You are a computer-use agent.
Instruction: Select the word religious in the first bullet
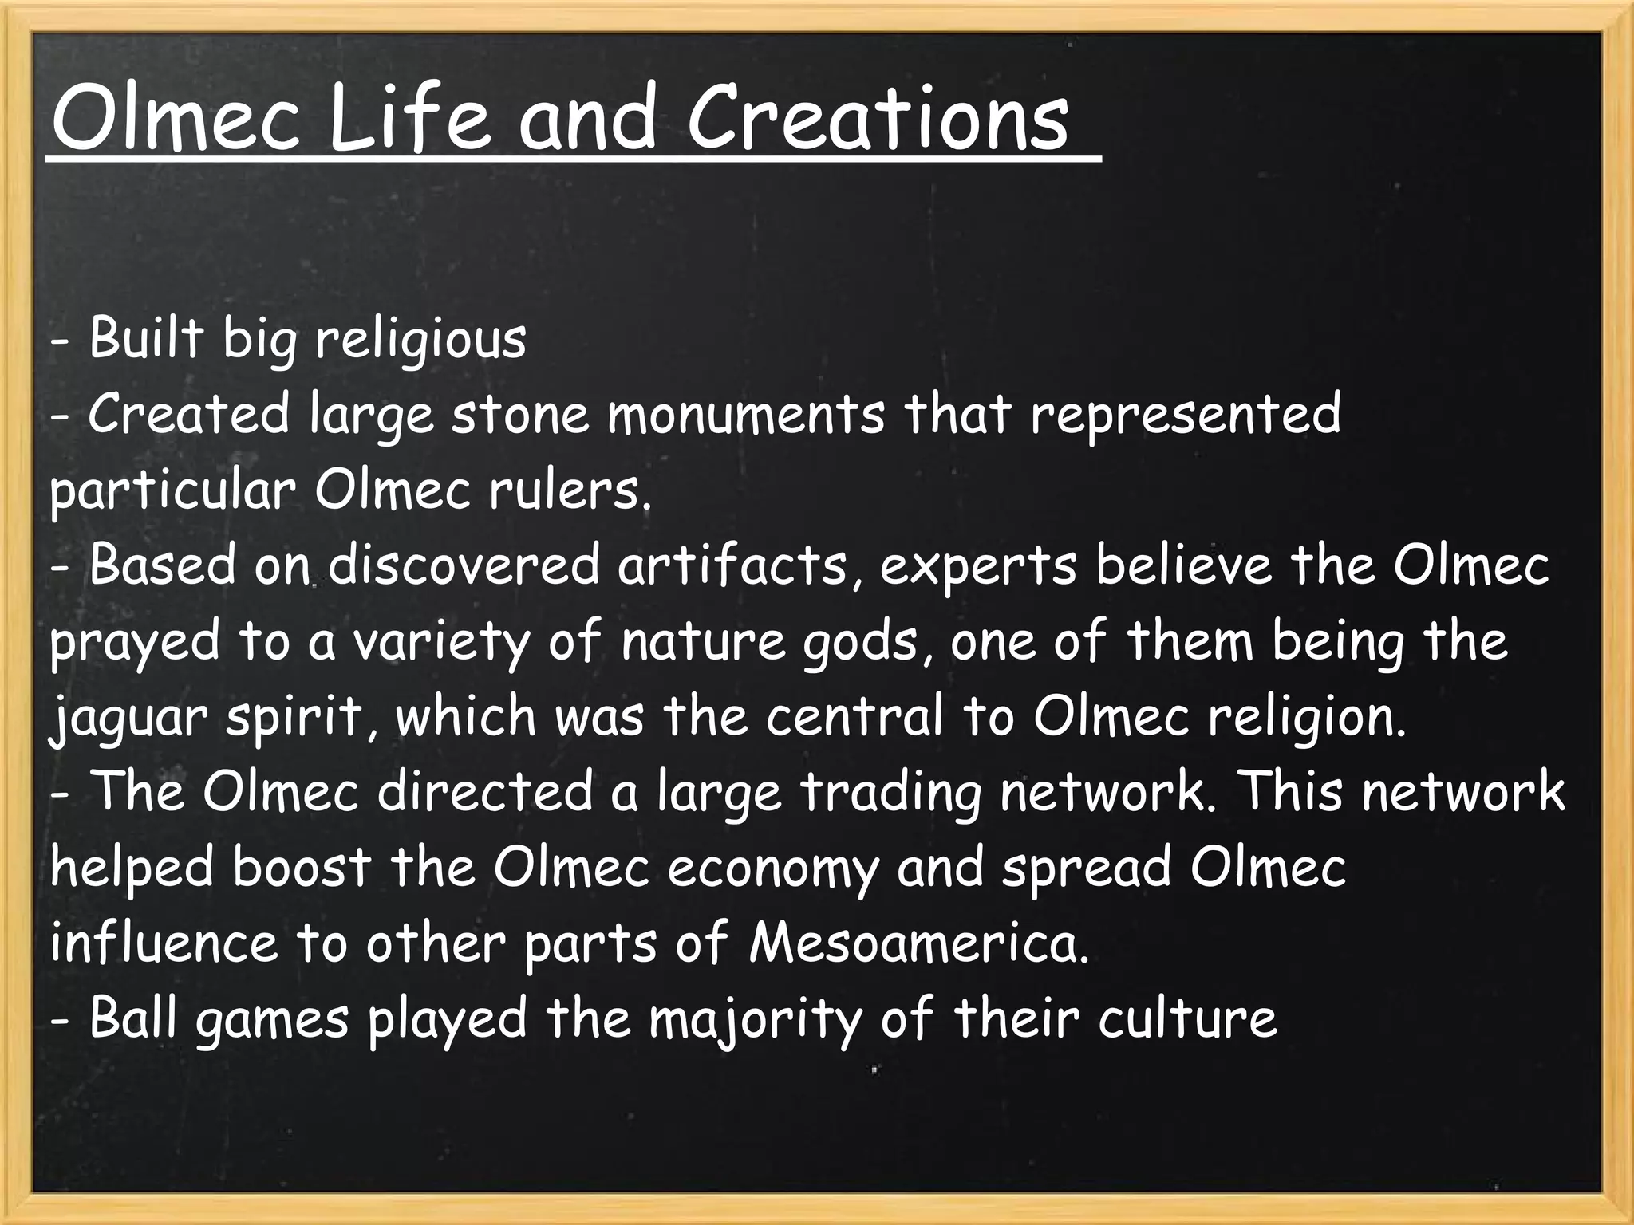point(420,340)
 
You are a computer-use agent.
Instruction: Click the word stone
point(519,415)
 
